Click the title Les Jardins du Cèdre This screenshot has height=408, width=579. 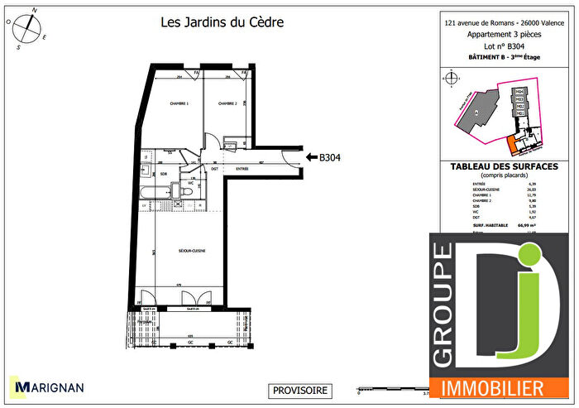222,22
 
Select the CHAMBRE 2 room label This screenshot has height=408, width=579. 227,103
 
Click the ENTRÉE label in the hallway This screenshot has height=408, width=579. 242,168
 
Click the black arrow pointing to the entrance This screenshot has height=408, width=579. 312,156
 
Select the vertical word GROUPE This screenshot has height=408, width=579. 443,306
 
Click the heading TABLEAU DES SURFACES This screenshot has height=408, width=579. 504,166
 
